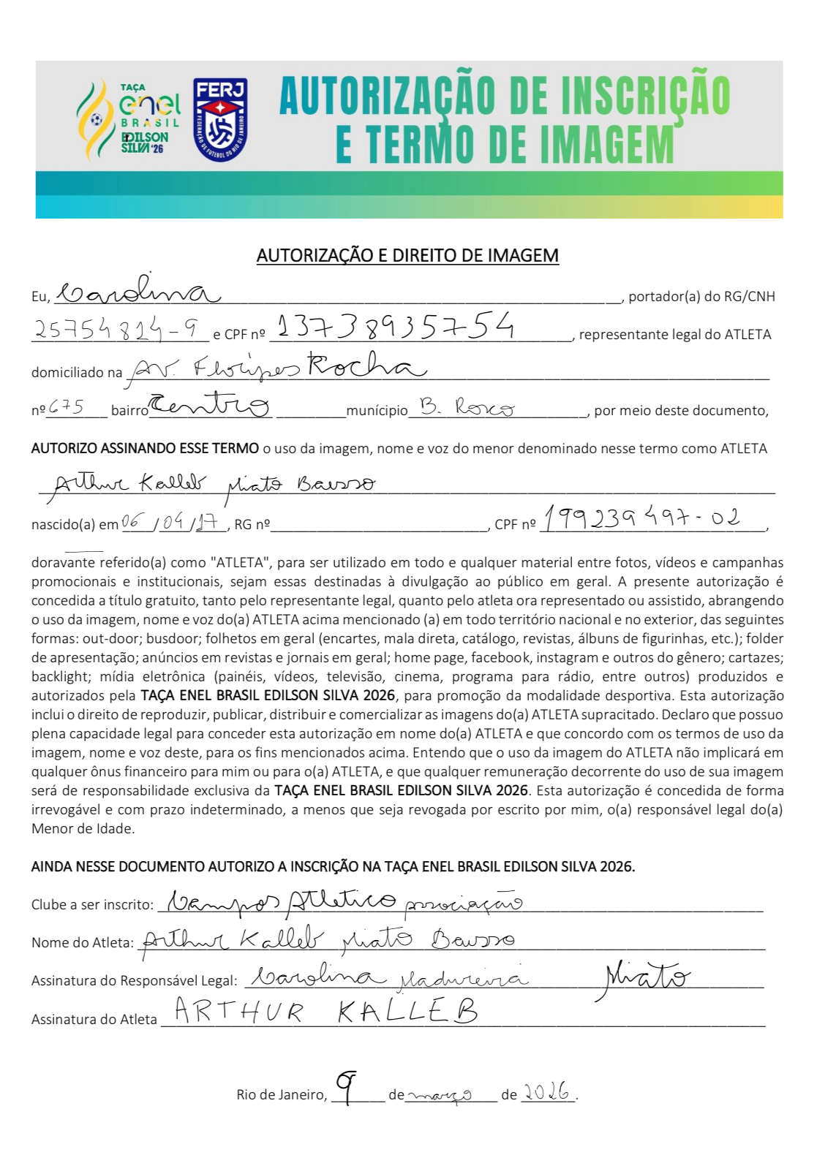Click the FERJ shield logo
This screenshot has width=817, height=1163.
(220, 120)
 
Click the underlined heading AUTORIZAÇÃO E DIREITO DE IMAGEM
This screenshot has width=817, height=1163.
(407, 255)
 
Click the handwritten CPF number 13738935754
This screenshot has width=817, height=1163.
(396, 326)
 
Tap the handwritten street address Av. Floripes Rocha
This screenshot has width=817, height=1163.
(278, 367)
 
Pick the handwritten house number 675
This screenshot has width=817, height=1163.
(66, 406)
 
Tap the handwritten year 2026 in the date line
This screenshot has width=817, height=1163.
(547, 1092)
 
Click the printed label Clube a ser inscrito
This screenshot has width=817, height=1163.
(92, 904)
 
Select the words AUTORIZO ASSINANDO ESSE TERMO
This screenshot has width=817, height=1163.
(145, 448)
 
